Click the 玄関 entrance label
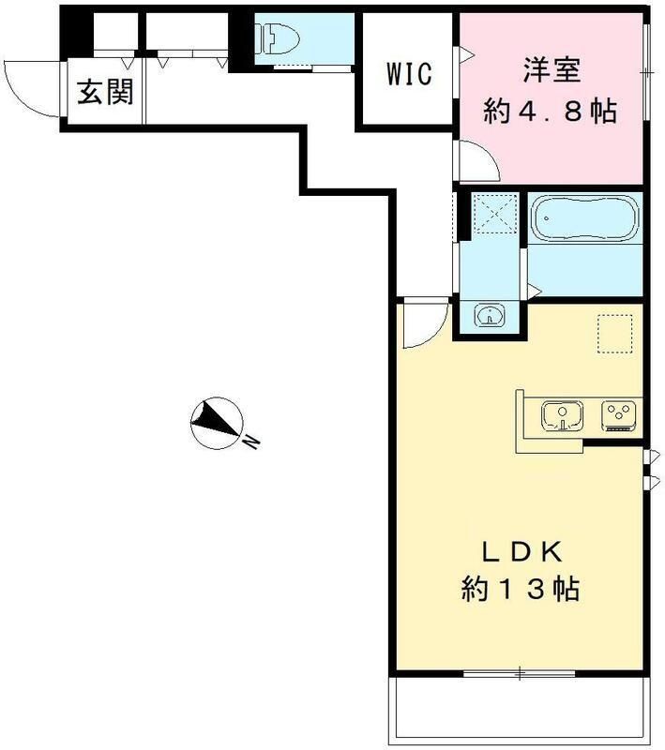tap(106, 91)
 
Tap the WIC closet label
tap(409, 74)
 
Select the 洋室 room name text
tap(552, 70)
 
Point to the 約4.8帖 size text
tap(550, 112)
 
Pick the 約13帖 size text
tap(521, 589)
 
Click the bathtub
tap(585, 217)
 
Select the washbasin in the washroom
tap(490, 315)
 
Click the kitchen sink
tap(562, 415)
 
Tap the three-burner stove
tap(619, 415)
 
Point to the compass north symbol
tap(217, 424)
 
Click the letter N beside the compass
tap(251, 442)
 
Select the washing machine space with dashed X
tap(495, 214)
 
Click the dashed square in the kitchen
tap(615, 334)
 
